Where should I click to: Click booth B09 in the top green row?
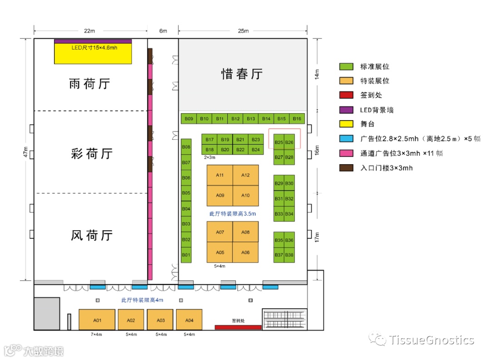[x=189, y=119]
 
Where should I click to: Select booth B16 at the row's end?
[x=297, y=119]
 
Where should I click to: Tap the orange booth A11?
[x=220, y=175]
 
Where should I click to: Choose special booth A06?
[x=245, y=252]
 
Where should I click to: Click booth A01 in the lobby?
[x=97, y=320]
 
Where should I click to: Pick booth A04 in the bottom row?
[x=189, y=320]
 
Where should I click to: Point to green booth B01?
[x=186, y=255]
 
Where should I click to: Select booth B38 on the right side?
[x=289, y=255]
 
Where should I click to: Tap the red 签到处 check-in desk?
[x=238, y=327]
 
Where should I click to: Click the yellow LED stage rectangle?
[x=93, y=54]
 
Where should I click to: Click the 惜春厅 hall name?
[x=242, y=74]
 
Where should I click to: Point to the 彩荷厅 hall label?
[x=91, y=154]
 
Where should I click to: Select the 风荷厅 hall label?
[x=91, y=235]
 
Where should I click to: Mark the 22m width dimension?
[x=89, y=31]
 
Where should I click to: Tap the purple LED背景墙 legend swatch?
[x=346, y=110]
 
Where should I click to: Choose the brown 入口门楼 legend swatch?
[x=346, y=168]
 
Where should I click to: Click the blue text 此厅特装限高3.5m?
[x=233, y=213]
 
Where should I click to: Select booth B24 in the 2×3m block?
[x=255, y=150]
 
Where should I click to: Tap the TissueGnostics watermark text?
[x=431, y=340]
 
